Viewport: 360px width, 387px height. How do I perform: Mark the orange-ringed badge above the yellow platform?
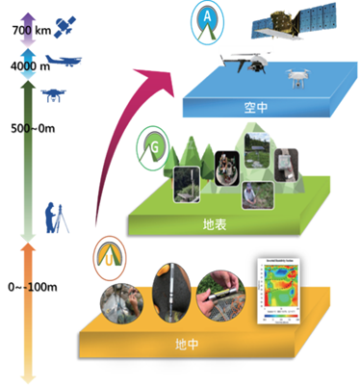tap(107, 257)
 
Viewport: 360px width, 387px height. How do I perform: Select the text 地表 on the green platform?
tap(215, 225)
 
